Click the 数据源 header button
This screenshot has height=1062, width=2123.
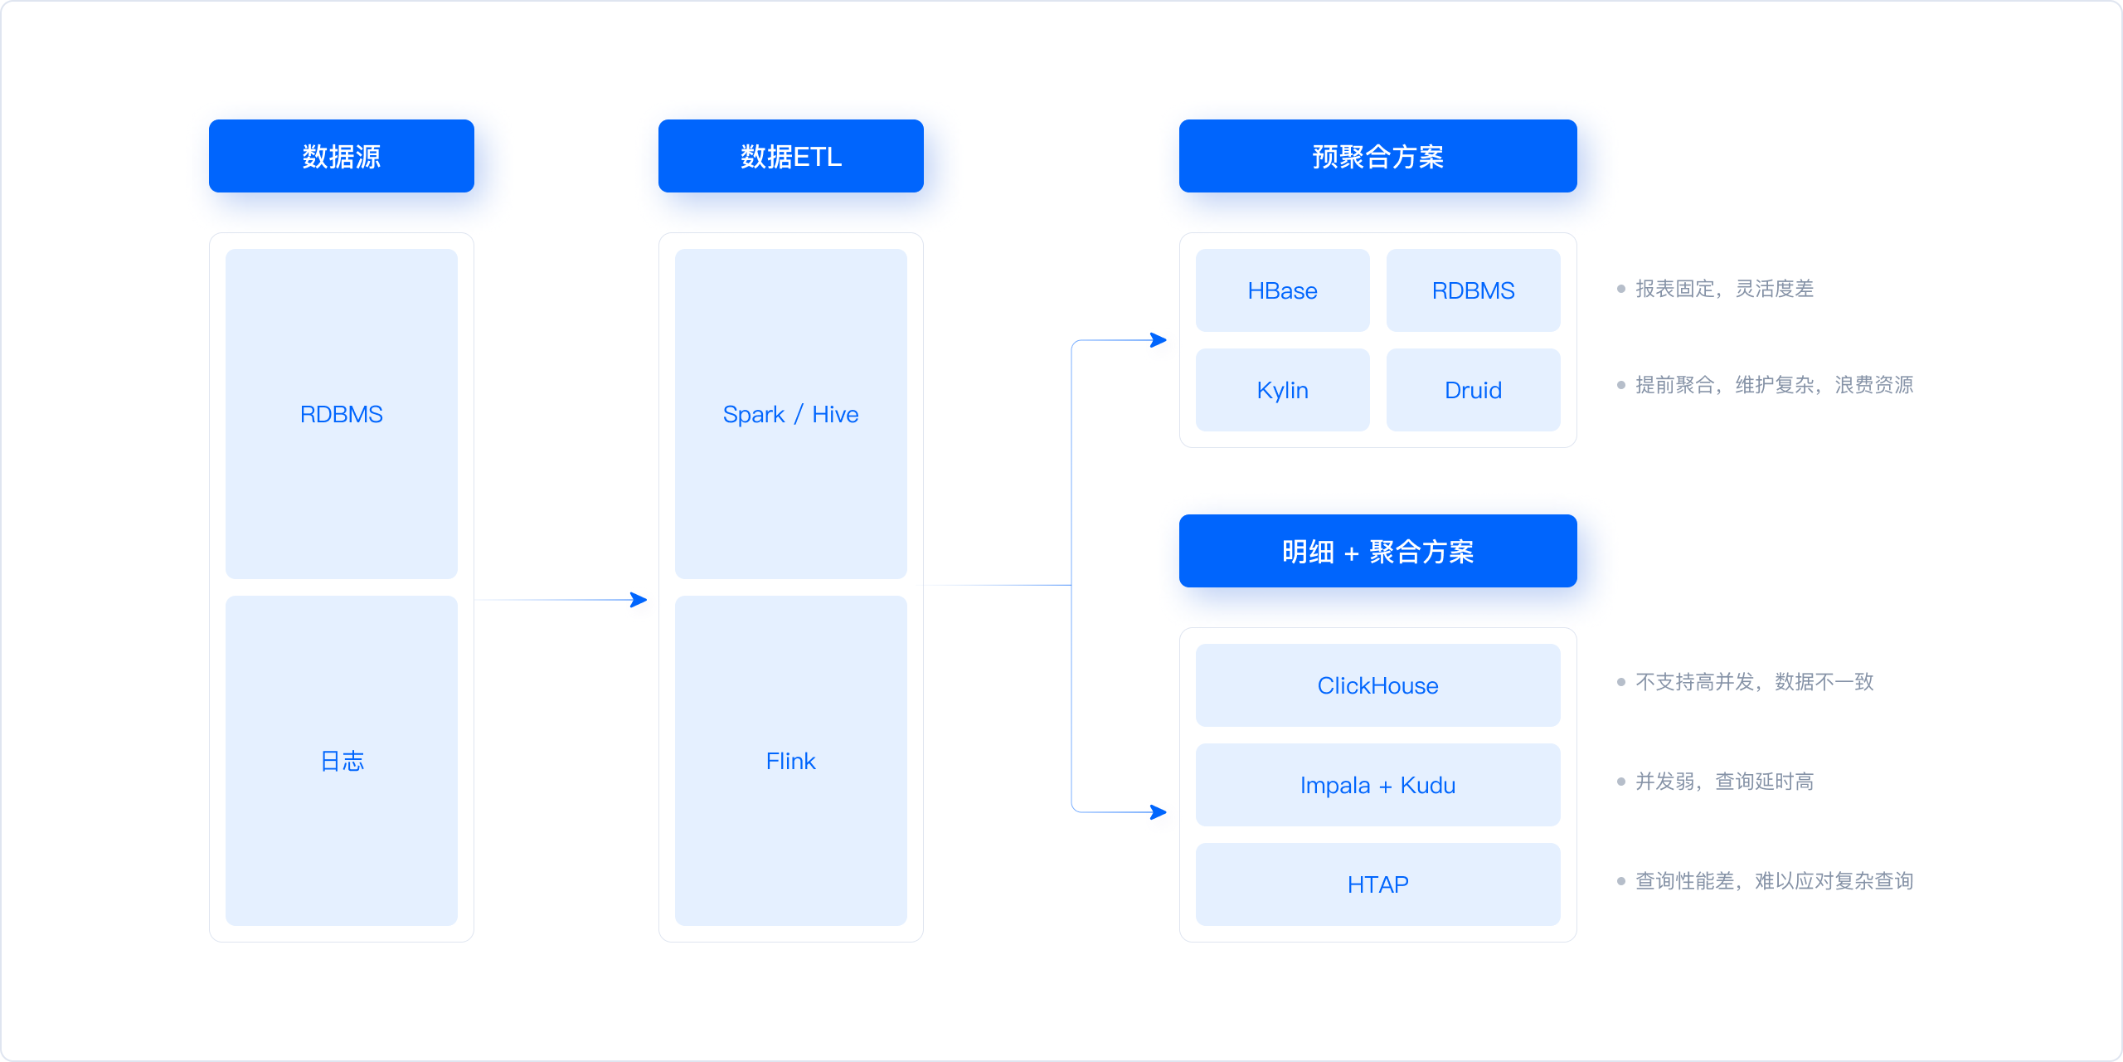(x=341, y=156)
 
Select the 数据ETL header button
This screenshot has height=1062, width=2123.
(x=790, y=156)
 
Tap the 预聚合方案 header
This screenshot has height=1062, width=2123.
(x=1377, y=156)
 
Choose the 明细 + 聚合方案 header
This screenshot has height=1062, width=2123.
(x=1377, y=551)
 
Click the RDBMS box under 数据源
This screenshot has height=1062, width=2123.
(x=341, y=414)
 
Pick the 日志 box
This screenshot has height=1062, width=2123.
(x=341, y=761)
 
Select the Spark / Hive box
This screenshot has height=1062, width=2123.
(x=790, y=414)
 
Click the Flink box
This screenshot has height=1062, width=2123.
(x=790, y=761)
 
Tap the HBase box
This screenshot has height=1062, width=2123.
(x=1282, y=290)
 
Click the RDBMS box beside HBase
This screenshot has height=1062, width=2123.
(x=1473, y=290)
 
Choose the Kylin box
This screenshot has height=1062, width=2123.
(x=1282, y=390)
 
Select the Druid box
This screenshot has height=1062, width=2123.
(x=1473, y=390)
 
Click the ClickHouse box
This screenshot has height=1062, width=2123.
(x=1377, y=685)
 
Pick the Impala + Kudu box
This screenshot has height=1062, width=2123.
(x=1377, y=785)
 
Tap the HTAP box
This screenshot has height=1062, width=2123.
(x=1377, y=884)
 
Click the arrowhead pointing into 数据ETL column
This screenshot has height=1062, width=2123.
(x=639, y=600)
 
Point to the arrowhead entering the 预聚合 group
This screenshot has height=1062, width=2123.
(x=1159, y=340)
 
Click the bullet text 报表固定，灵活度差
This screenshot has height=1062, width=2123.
(x=1723, y=289)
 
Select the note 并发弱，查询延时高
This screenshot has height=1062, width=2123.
(x=1723, y=782)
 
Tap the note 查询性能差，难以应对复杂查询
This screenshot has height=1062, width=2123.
(x=1773, y=881)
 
